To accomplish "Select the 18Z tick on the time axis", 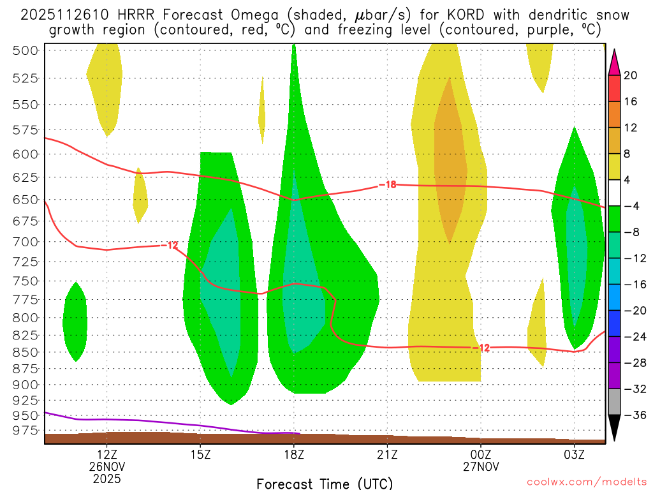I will pyautogui.click(x=294, y=454).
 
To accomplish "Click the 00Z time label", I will pyautogui.click(x=481, y=454).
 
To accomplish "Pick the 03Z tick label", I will pyautogui.click(x=575, y=454).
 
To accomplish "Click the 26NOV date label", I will pyautogui.click(x=107, y=466).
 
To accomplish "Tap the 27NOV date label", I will pyautogui.click(x=481, y=466).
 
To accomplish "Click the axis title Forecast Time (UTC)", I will pyautogui.click(x=325, y=483).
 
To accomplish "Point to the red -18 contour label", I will pyautogui.click(x=387, y=185).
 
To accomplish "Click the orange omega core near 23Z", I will pyautogui.click(x=449, y=160).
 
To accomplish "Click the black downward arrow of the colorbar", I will pyautogui.click(x=614, y=429).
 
